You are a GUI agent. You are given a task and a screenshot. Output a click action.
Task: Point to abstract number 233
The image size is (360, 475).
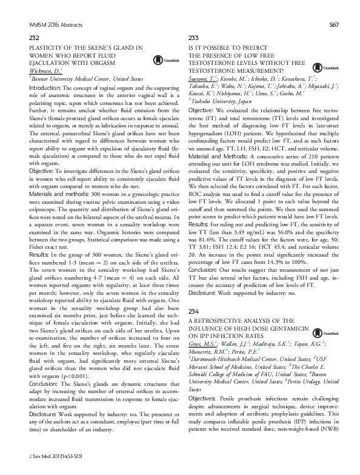pos(195,38)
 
